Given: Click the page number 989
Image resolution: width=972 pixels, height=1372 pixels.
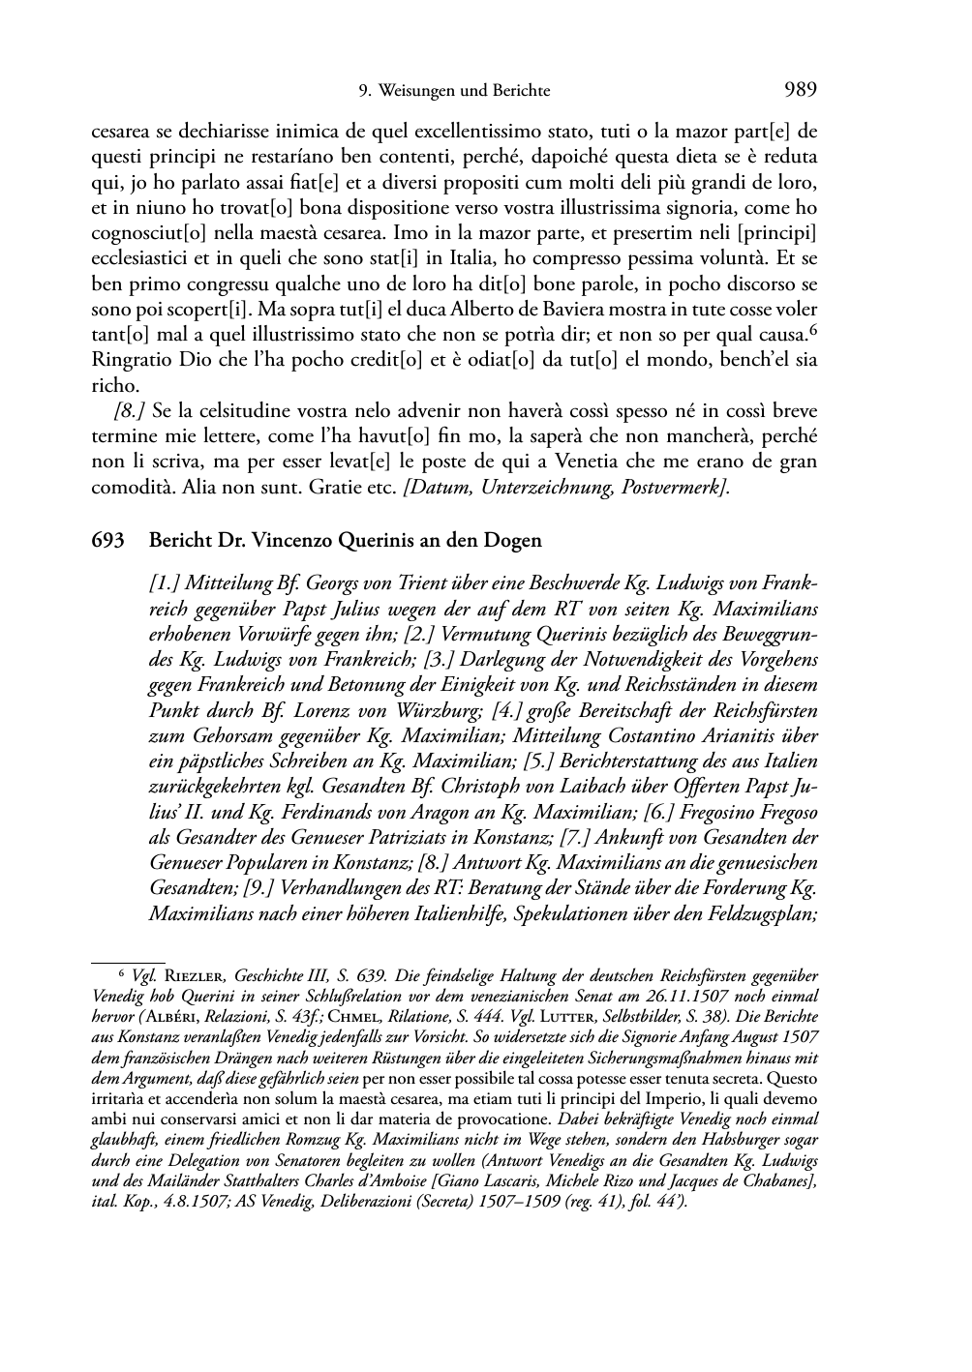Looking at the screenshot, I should [802, 91].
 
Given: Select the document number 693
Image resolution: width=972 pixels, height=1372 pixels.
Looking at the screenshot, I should [107, 541].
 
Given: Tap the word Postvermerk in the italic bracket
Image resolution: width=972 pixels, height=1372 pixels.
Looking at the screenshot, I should [679, 489].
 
